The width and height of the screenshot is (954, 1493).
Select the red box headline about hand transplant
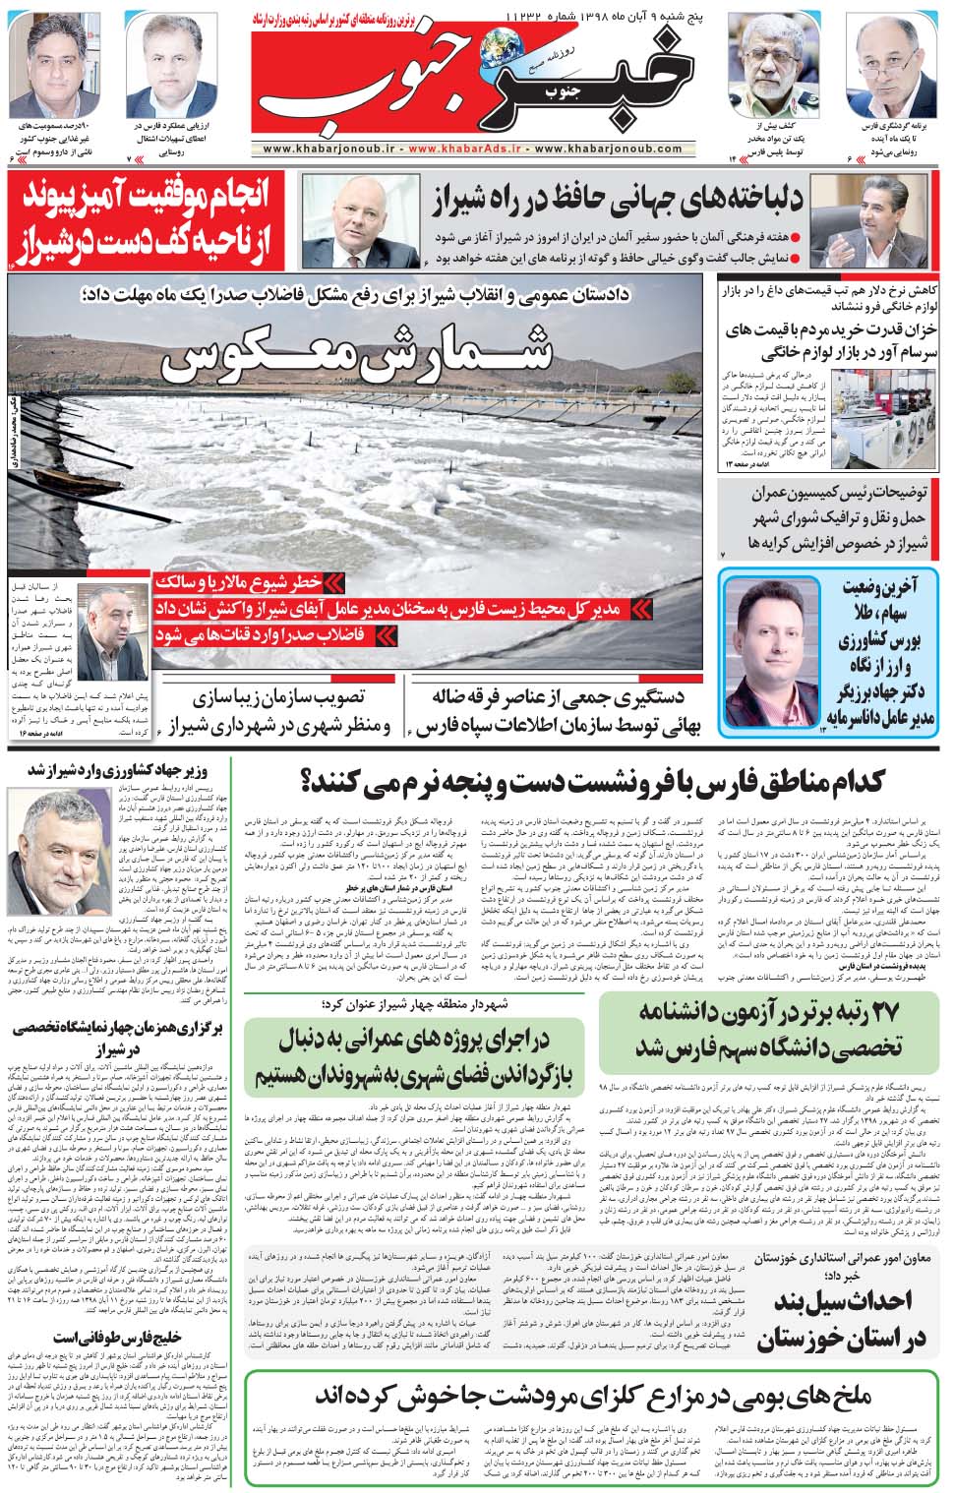point(148,220)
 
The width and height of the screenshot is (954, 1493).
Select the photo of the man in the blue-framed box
point(770,649)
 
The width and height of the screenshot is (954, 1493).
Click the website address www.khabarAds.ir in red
point(467,149)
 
